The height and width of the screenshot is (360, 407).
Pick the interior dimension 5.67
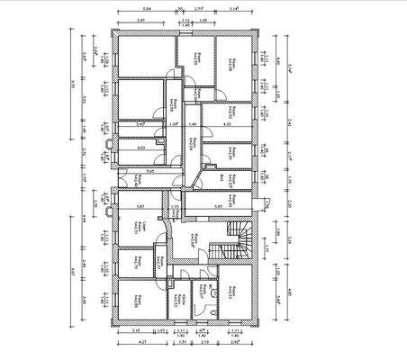coord(218,207)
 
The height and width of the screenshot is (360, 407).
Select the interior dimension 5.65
coord(149,171)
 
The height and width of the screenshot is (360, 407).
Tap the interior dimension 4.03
coord(140,147)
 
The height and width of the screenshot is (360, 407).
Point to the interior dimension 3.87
coord(140,207)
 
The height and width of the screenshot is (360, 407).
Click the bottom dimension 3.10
coord(135,332)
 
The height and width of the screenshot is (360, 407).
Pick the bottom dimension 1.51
coord(182,343)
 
